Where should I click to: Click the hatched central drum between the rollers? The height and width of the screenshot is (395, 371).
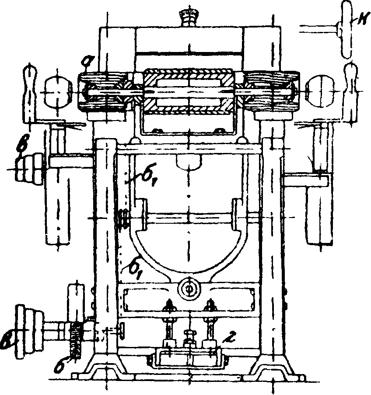pos(189,90)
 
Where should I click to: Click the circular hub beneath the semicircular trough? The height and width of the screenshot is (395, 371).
pos(189,289)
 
